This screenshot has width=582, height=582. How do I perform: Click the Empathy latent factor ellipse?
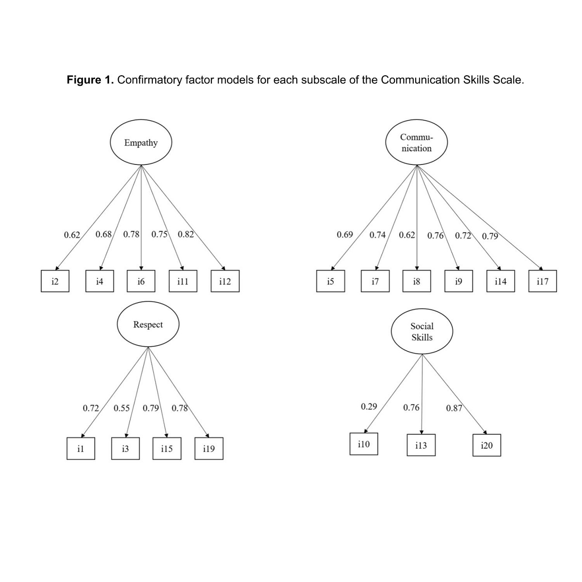pos(141,143)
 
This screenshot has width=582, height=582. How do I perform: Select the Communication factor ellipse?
pos(416,143)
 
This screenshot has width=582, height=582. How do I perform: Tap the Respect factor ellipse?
pos(148,324)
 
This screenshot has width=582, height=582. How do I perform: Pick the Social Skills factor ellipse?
pos(422,332)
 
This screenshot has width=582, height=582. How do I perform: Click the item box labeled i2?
pos(55,281)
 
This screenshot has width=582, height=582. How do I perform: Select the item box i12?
pos(225,281)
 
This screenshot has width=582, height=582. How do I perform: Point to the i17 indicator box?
pos(542,281)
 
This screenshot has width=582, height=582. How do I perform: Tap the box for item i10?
pos(363,444)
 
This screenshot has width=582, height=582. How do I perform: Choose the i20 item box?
pos(486,445)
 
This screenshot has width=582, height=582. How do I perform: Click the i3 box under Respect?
pos(125,449)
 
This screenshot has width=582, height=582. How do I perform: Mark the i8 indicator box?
pos(417,281)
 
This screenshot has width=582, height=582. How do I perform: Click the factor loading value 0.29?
pos(369,406)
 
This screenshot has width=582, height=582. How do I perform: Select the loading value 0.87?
pos(454,408)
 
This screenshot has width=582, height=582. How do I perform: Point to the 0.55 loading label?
pos(121,408)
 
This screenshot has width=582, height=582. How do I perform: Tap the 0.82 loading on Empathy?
pos(186,235)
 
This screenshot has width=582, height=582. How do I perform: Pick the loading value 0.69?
pos(344,235)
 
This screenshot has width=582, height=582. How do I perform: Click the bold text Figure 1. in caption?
pos(90,80)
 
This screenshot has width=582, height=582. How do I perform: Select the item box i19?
pos(209,449)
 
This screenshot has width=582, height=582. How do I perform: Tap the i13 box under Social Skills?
pos(421,445)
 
